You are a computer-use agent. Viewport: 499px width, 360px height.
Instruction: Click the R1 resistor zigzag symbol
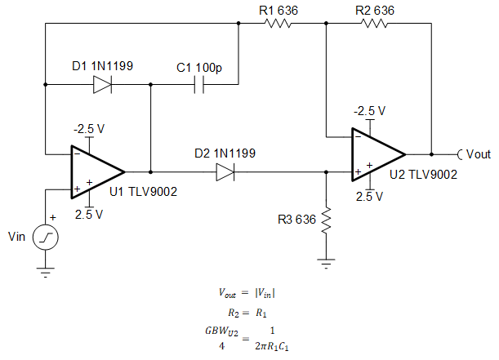(277, 24)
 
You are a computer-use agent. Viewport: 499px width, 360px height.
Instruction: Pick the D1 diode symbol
(102, 84)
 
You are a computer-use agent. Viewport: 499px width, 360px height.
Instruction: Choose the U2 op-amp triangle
(376, 153)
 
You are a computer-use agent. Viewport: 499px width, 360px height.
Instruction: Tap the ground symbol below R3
(326, 263)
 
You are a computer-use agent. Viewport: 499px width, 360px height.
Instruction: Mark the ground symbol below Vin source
(47, 273)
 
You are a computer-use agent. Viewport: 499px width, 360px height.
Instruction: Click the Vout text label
(479, 153)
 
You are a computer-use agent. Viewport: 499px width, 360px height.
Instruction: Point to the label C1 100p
(199, 67)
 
